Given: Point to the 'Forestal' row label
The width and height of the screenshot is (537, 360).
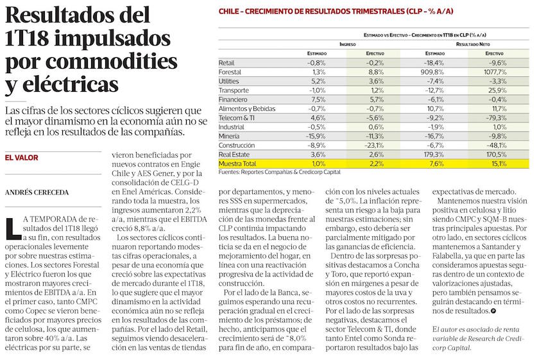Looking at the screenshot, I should (230, 73).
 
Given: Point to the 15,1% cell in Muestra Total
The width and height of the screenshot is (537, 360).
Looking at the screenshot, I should (497, 164).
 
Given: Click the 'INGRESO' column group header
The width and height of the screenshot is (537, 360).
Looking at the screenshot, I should (347, 44).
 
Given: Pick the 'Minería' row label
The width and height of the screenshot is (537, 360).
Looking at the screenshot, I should (229, 137).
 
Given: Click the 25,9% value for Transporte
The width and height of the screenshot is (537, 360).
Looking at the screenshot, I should (497, 91).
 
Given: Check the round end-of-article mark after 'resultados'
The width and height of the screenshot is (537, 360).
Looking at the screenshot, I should (492, 311).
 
